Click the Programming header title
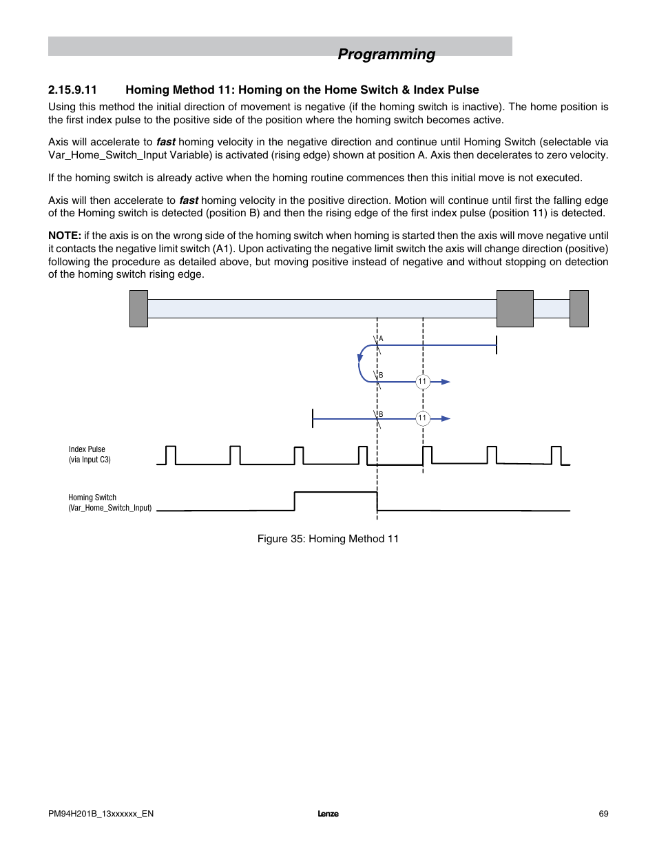click(x=386, y=54)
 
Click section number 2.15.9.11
click(x=72, y=90)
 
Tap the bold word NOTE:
click(x=64, y=236)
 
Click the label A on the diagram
click(x=382, y=339)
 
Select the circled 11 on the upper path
click(x=423, y=382)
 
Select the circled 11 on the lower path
click(x=423, y=418)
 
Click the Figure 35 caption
click(x=328, y=539)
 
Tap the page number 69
click(x=603, y=814)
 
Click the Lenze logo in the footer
click(x=328, y=814)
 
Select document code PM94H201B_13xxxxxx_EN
click(x=101, y=814)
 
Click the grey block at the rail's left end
click(x=138, y=309)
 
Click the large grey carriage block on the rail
click(x=515, y=309)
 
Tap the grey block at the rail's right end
click(x=579, y=309)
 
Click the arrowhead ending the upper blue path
click(x=446, y=382)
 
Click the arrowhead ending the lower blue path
click(x=446, y=418)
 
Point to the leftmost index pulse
click(x=171, y=455)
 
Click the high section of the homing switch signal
click(x=335, y=492)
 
